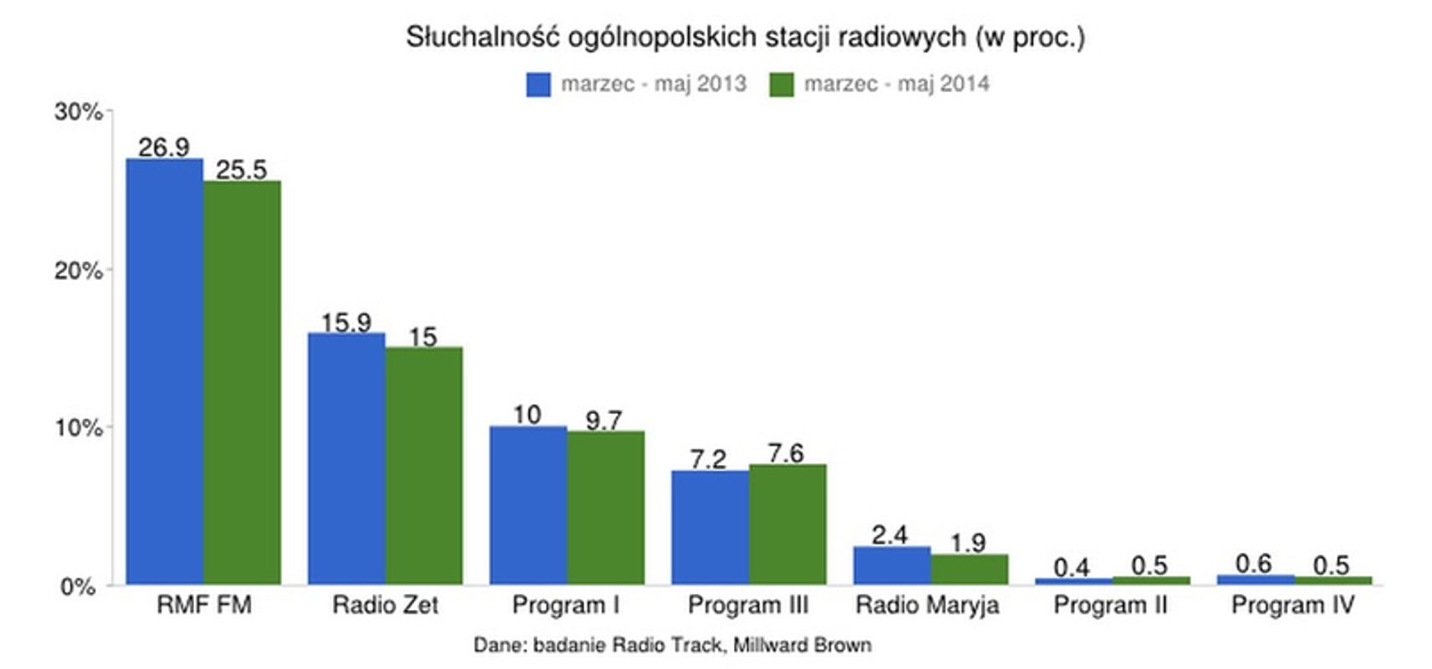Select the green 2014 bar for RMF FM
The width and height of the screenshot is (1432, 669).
point(243,382)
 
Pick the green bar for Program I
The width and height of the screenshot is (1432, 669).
point(606,508)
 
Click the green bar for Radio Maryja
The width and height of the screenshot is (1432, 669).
point(969,569)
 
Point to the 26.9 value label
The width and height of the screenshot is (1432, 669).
point(164,147)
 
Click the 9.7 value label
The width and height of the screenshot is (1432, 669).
point(603,420)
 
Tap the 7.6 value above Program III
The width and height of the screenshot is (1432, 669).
point(786,452)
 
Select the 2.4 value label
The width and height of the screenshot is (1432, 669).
point(890,534)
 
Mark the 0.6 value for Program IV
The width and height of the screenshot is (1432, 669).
point(1253,564)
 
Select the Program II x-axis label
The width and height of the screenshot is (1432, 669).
point(1110,605)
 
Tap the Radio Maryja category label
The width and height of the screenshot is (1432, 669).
point(927,605)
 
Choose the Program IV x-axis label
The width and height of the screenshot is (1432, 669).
point(1292,605)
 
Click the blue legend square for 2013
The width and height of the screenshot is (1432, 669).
point(538,84)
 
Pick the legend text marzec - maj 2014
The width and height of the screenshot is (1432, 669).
point(896,84)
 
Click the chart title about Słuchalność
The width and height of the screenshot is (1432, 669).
point(745,37)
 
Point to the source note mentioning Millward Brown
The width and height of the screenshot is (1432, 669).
point(672,645)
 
